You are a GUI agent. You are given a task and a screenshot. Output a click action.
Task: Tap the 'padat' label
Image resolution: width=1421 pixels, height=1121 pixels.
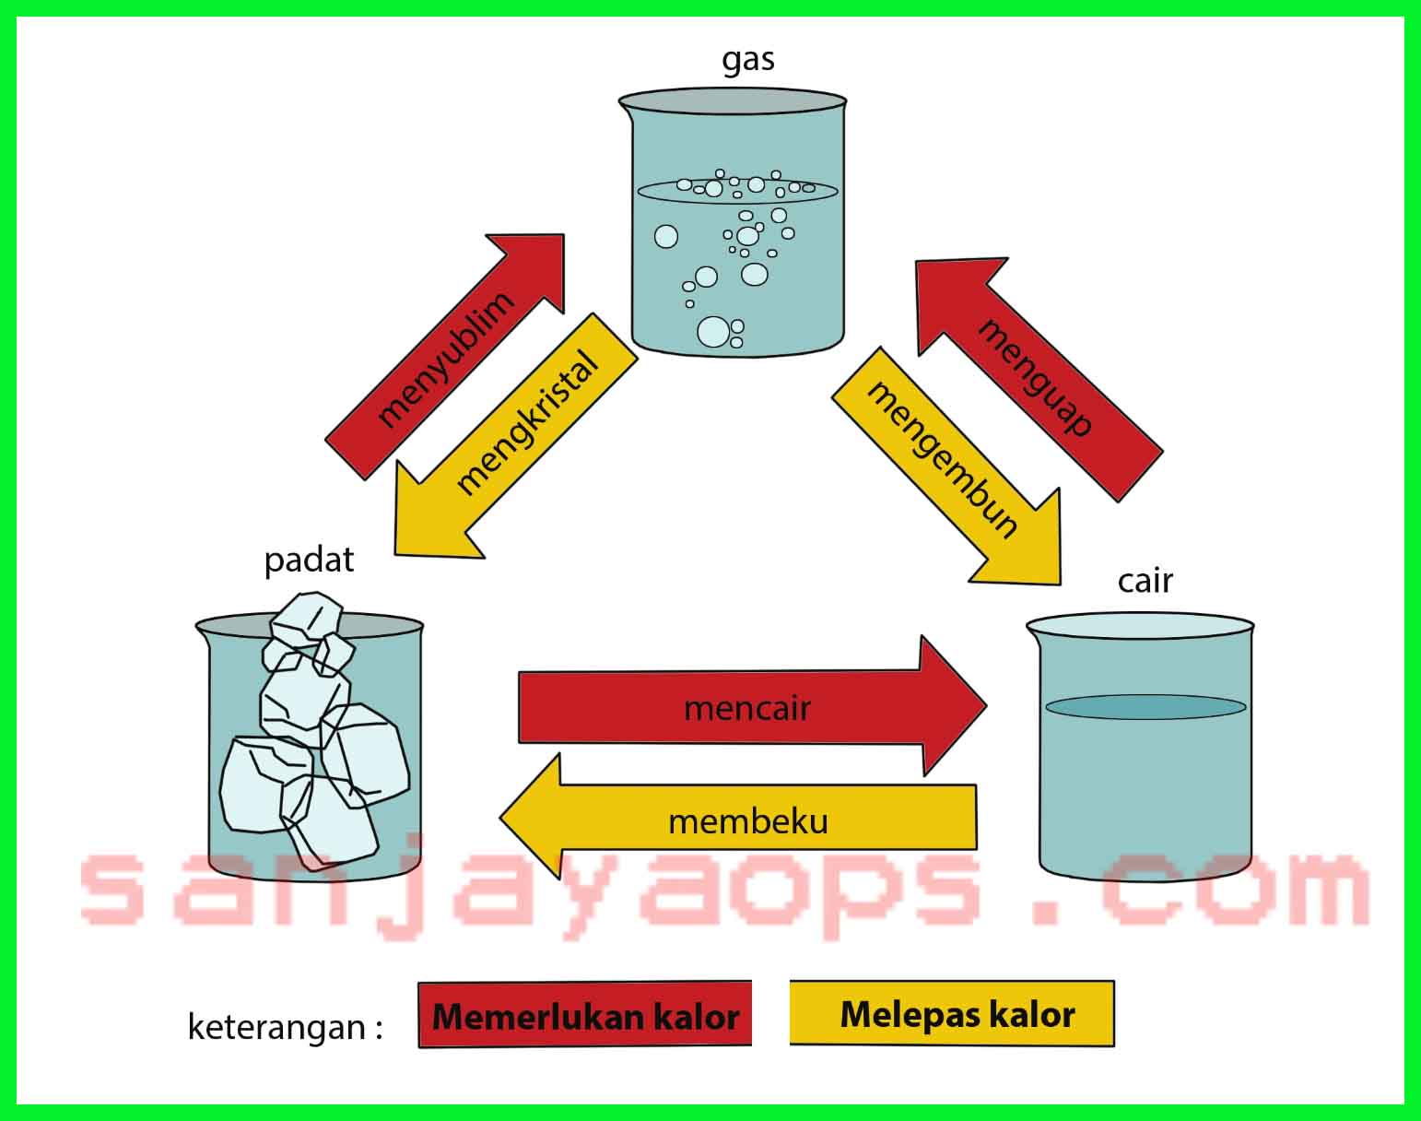(309, 560)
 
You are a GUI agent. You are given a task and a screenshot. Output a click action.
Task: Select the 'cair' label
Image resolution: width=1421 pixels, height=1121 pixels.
(1145, 581)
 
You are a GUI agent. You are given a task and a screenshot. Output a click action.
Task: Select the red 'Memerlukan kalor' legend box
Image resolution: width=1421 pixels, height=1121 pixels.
(585, 1015)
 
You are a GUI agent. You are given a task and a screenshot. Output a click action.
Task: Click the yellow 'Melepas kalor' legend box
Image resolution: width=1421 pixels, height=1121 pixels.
(952, 1014)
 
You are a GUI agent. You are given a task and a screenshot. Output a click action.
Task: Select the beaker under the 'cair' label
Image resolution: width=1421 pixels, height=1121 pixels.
(1143, 784)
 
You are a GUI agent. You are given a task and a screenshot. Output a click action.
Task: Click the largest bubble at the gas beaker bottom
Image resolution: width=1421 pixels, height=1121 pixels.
(713, 331)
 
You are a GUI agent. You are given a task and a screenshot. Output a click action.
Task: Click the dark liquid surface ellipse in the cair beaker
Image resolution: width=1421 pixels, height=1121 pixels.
(1145, 707)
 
